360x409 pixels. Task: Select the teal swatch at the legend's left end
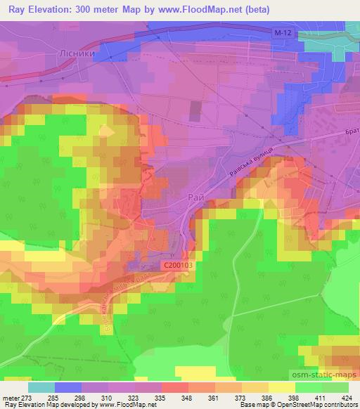coord(41,387)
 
